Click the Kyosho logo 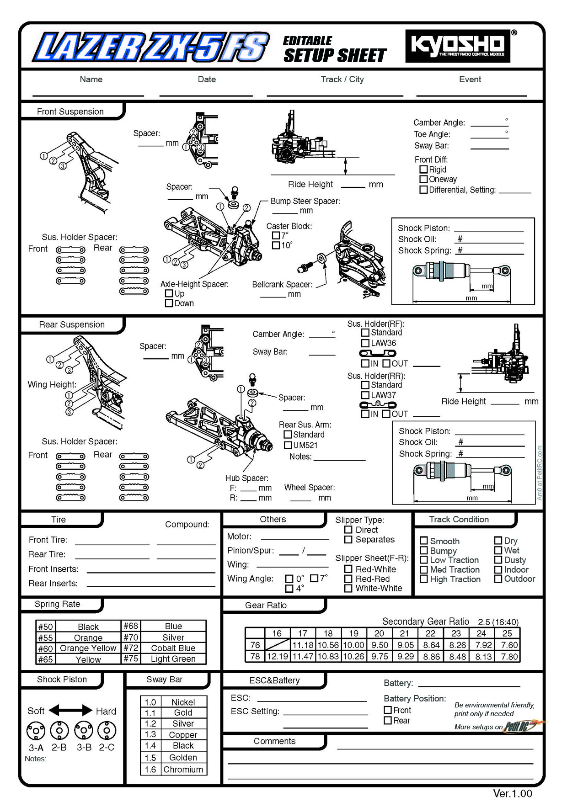coord(458,46)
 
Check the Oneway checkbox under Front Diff coord(423,179)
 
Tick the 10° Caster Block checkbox coord(276,245)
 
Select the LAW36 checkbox coord(365,343)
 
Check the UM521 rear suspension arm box coord(288,445)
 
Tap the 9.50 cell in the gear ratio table coord(380,645)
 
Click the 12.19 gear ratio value coord(277,656)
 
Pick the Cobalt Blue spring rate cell coord(173,648)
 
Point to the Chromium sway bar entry coord(183,770)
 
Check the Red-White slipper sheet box coord(348,569)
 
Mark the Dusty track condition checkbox coord(498,560)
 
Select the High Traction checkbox coord(423,579)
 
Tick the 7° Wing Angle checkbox coord(314,578)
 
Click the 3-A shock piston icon coord(36,730)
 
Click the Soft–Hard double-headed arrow coord(70,710)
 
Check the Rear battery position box coord(388,721)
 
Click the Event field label coord(470,80)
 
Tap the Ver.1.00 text coord(512,793)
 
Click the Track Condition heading coord(459,519)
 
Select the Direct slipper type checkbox coord(348,530)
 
